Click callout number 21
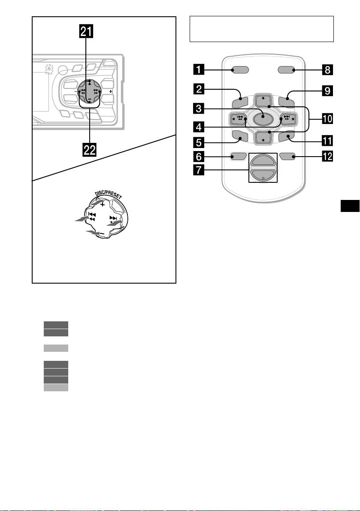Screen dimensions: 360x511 tap(86, 32)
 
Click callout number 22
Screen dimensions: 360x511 tap(90, 150)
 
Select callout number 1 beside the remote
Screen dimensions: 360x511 tap(199, 70)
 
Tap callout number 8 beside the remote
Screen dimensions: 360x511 tap(327, 70)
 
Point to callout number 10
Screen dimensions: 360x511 tap(327, 118)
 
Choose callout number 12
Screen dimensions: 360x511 tap(327, 157)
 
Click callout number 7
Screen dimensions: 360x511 tap(199, 170)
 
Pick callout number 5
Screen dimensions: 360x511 tap(199, 142)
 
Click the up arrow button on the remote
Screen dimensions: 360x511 tap(263, 101)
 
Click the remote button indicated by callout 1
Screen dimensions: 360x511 tap(240, 70)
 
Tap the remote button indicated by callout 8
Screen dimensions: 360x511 tap(287, 70)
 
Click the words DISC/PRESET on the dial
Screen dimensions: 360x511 tap(109, 195)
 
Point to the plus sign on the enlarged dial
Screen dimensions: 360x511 tap(102, 205)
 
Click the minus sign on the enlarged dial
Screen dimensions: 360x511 tap(102, 234)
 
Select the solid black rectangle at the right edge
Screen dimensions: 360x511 tap(350, 206)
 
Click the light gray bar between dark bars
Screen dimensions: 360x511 tap(56, 348)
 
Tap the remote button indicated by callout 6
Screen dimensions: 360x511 tap(238, 157)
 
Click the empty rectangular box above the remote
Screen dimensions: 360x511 tap(262, 29)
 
